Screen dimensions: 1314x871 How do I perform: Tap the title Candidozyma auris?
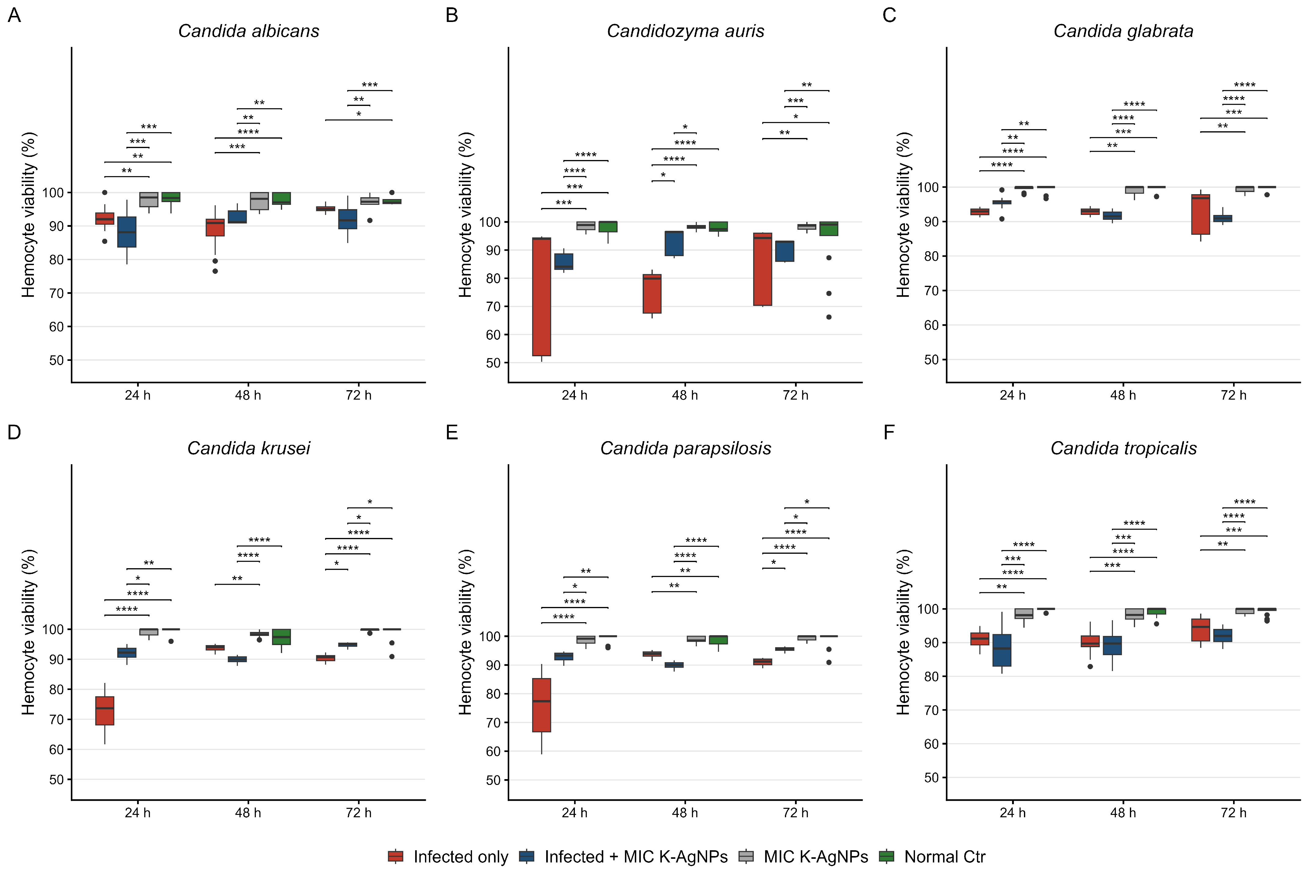click(685, 31)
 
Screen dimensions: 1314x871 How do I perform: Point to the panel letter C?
click(889, 15)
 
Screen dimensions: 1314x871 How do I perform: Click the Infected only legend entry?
click(448, 857)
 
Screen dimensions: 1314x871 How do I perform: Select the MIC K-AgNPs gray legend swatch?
click(746, 857)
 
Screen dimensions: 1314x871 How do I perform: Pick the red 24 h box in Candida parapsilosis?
click(542, 705)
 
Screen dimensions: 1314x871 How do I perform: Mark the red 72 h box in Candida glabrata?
click(1201, 214)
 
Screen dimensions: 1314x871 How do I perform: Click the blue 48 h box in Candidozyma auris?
click(674, 243)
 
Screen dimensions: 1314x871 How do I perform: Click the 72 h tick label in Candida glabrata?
click(1233, 395)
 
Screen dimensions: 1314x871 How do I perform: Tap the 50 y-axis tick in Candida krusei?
click(56, 779)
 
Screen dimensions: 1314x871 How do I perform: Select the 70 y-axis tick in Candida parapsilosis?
click(493, 723)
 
